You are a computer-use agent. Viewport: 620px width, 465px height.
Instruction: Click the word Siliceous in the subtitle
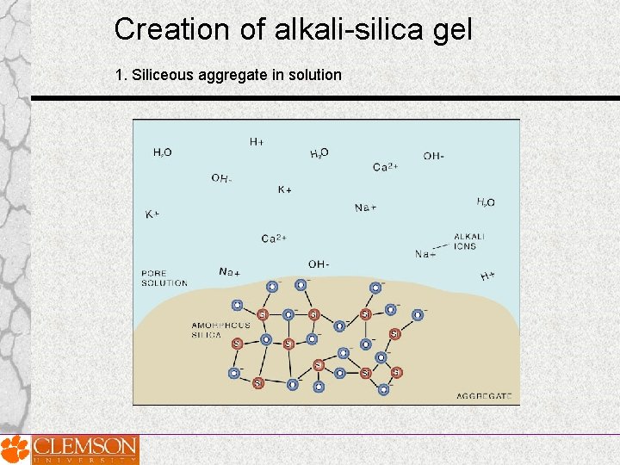tap(162, 75)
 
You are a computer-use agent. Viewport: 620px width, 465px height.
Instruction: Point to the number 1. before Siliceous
tap(121, 75)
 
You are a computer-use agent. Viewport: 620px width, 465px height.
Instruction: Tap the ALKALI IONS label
tap(469, 241)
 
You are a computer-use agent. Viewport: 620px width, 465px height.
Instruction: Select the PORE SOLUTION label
tap(164, 278)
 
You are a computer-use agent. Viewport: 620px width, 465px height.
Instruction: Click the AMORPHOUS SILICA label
tap(220, 330)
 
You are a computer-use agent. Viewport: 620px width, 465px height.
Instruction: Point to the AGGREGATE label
tap(484, 397)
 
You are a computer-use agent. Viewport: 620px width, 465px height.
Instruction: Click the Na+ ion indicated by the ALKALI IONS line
tap(425, 254)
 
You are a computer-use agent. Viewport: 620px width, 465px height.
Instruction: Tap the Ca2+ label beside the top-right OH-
tap(385, 167)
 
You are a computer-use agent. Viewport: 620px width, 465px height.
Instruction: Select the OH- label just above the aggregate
tap(318, 263)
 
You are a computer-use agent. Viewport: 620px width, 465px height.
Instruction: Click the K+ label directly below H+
tap(284, 189)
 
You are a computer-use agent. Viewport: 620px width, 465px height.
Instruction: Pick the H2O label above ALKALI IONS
tap(486, 202)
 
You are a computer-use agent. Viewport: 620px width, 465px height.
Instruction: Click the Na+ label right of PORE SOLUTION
tap(229, 272)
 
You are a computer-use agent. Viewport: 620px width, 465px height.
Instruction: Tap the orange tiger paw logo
tap(15, 449)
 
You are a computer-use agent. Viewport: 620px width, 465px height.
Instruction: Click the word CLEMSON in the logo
tap(84, 446)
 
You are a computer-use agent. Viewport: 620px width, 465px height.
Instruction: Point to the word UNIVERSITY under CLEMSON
tap(84, 460)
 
